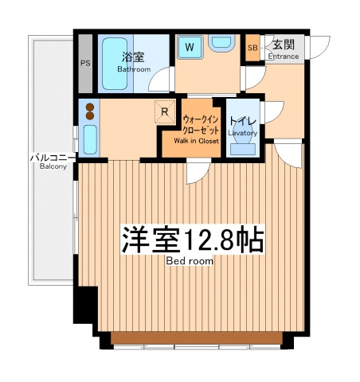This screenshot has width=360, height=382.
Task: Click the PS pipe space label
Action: pyautogui.click(x=85, y=63)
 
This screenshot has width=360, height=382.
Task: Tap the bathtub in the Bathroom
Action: pyautogui.click(x=115, y=64)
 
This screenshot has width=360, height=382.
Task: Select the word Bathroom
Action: pyautogui.click(x=134, y=69)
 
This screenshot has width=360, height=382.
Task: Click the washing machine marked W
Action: pyautogui.click(x=190, y=47)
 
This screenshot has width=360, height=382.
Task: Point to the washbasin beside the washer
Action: pyautogui.click(x=221, y=43)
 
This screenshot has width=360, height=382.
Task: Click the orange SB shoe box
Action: pyautogui.click(x=252, y=48)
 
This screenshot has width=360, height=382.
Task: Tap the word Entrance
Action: pyautogui.click(x=284, y=57)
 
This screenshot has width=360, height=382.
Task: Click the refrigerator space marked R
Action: pyautogui.click(x=165, y=111)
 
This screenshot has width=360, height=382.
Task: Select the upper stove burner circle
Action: pyautogui.click(x=90, y=107)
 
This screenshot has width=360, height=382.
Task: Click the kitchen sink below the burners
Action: pyautogui.click(x=90, y=139)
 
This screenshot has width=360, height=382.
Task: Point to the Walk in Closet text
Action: pyautogui.click(x=196, y=141)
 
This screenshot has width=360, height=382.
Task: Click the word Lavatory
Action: pyautogui.click(x=243, y=133)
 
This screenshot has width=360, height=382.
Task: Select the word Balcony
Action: pyautogui.click(x=53, y=166)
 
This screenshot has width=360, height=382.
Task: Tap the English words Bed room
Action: pyautogui.click(x=190, y=261)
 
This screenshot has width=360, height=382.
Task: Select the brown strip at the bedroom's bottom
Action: pyautogui.click(x=197, y=338)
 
